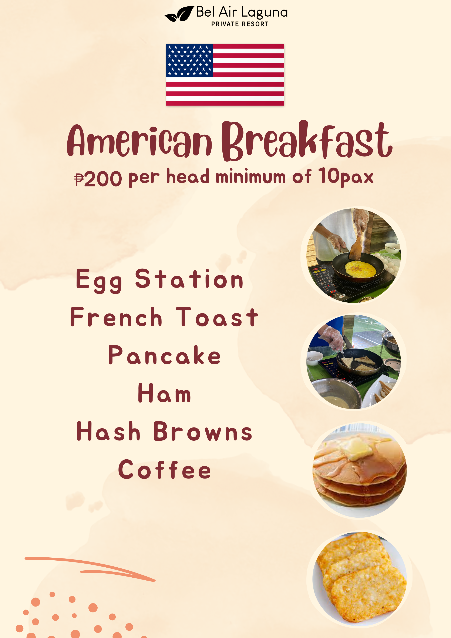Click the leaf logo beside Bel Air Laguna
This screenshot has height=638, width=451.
[x=179, y=14]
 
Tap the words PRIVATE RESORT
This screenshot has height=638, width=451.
[x=240, y=24]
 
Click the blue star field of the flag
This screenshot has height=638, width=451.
[x=189, y=60]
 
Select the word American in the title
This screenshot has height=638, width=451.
[x=139, y=140]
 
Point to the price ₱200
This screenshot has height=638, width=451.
[x=98, y=179]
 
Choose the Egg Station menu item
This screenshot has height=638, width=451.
[x=160, y=280]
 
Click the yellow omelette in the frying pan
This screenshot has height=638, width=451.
[x=360, y=269]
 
